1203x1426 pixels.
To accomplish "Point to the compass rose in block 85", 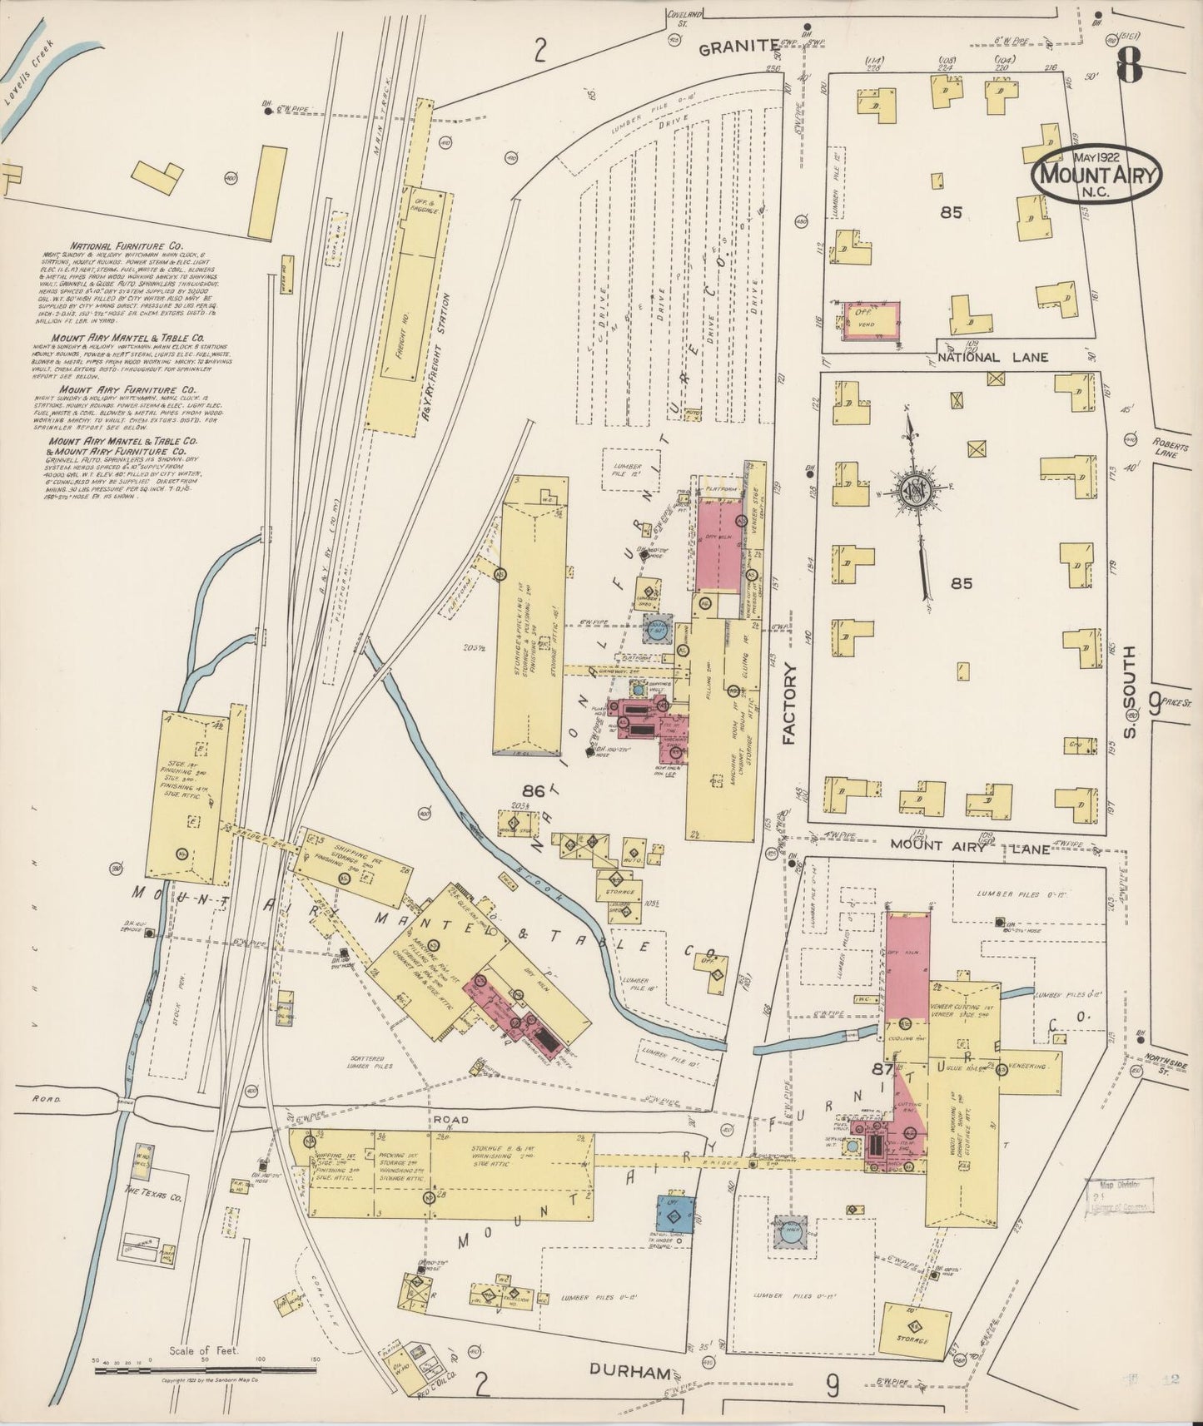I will (x=915, y=488).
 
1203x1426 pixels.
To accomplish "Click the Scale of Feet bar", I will (x=203, y=1367).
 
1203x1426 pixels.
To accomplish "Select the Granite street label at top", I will (x=738, y=48).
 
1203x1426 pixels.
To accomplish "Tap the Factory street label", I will (x=790, y=703).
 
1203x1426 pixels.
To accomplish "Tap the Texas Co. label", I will (x=153, y=1191).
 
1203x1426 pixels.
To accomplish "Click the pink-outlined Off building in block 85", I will (x=872, y=320).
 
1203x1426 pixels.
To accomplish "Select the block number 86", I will (x=534, y=790).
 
